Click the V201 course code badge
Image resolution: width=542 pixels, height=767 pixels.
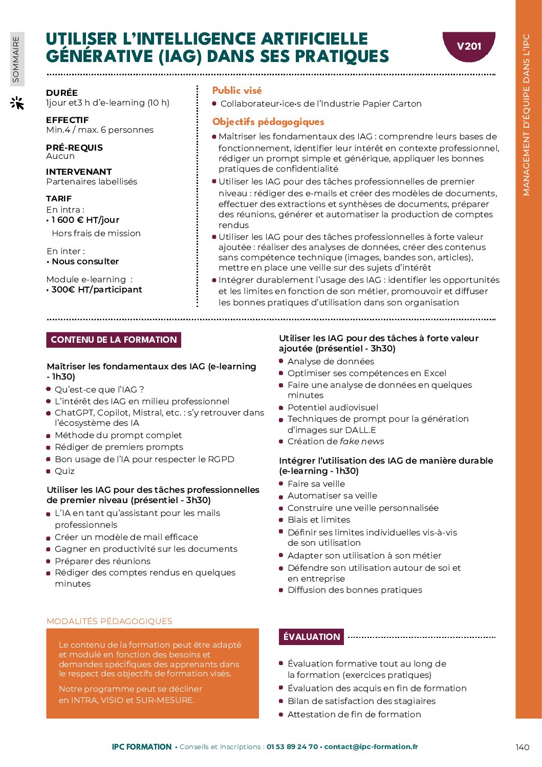point(469,46)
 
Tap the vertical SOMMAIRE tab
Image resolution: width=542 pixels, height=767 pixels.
point(16,59)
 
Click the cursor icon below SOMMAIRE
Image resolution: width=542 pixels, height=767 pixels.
point(17,103)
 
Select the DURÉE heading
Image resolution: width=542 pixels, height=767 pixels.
point(62,93)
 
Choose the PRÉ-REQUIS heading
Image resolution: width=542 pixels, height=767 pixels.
point(74,148)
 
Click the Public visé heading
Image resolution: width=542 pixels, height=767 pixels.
point(237,91)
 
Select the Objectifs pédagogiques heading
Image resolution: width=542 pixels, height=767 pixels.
point(268,122)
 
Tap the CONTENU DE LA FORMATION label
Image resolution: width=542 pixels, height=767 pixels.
point(114,340)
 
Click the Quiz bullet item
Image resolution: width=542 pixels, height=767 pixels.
point(64,471)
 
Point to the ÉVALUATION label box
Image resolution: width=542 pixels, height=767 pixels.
point(311,637)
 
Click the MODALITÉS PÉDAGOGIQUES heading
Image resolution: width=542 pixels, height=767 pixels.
point(110,621)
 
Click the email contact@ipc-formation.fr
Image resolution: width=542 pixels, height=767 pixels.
point(371,747)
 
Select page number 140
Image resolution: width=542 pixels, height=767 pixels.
point(522,748)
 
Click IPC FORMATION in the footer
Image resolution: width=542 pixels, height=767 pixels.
point(142,747)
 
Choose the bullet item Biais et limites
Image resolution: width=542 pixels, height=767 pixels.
point(319,520)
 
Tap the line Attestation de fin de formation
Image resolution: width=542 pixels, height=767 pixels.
point(354,714)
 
